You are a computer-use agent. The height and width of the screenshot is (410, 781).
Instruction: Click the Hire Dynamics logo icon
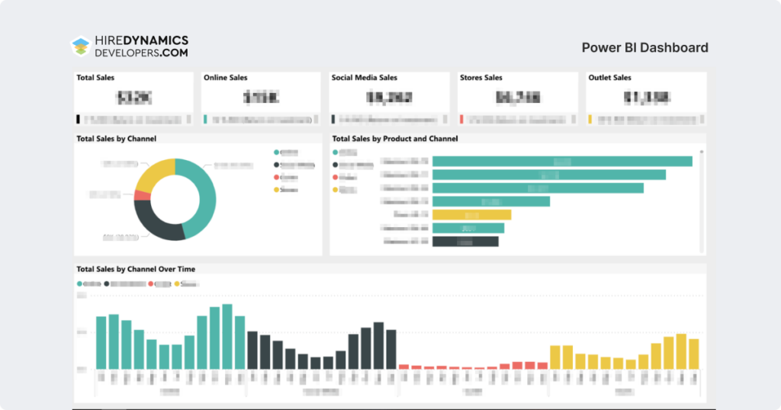[x=80, y=47]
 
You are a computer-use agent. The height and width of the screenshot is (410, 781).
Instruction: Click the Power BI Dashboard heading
[x=644, y=47]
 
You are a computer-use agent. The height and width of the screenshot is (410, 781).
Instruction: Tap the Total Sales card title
[x=95, y=78]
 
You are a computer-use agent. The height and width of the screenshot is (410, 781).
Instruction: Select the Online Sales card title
[x=225, y=78]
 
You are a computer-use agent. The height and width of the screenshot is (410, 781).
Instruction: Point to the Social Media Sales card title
[x=364, y=78]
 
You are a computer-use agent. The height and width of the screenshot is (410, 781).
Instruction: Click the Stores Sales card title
[x=480, y=78]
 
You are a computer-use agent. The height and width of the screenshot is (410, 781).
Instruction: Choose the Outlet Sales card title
[x=609, y=78]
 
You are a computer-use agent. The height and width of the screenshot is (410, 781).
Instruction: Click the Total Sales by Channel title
[x=117, y=139]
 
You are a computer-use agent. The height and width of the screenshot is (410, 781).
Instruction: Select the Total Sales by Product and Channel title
[x=394, y=139]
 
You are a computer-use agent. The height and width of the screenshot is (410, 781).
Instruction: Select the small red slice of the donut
[x=141, y=195]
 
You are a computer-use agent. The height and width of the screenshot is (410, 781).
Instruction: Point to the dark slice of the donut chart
[x=156, y=224]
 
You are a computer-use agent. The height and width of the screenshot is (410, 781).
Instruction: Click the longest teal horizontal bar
[x=562, y=161]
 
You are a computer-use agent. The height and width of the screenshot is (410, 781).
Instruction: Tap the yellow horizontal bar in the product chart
[x=471, y=215]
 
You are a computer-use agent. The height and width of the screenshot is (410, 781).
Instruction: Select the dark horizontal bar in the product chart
[x=464, y=242]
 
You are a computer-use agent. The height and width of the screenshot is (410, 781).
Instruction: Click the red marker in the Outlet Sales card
[x=462, y=120]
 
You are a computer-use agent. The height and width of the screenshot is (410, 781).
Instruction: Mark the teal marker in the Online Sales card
[x=206, y=120]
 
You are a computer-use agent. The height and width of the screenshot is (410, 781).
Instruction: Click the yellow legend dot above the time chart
[x=178, y=283]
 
